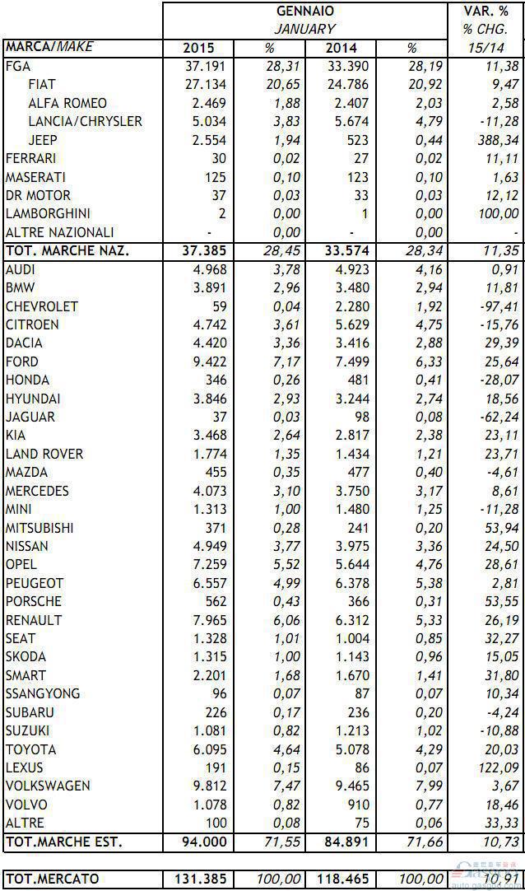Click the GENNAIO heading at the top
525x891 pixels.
(305, 11)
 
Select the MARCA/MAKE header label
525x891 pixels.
(49, 47)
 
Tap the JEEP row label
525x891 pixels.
(43, 140)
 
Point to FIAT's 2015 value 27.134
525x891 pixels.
(206, 85)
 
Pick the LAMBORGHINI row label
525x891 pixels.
(49, 213)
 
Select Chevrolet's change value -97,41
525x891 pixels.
(499, 306)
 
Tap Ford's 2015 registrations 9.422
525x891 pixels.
(210, 362)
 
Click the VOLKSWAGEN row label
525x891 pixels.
(48, 786)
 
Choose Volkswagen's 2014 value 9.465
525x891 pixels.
(352, 786)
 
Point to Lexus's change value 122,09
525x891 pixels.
(499, 767)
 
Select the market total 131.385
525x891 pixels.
(200, 879)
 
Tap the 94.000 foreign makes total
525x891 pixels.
(204, 842)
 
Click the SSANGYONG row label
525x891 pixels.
(43, 694)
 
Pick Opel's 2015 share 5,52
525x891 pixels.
(286, 564)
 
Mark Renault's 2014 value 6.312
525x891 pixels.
(352, 620)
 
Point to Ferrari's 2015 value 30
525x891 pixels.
(218, 159)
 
